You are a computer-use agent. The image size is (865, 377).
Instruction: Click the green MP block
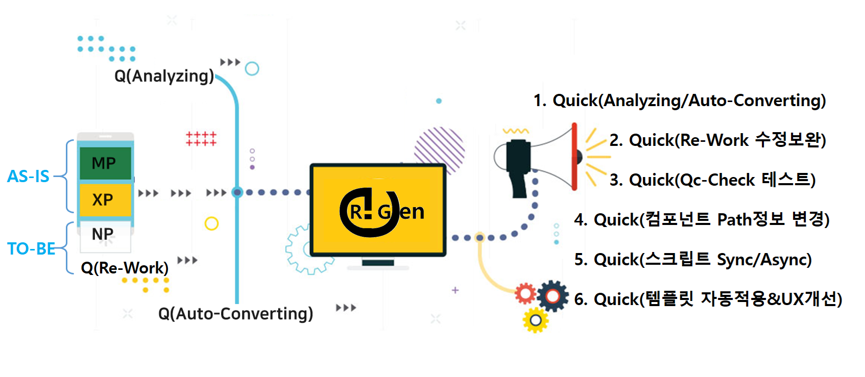click(105, 163)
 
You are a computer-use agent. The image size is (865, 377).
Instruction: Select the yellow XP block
click(105, 199)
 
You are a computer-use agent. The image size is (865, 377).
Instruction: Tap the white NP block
click(105, 236)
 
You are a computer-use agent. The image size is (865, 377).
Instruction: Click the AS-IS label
click(29, 177)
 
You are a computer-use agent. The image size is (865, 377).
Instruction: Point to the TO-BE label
click(31, 249)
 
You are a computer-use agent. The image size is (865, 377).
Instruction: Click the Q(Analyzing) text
click(164, 76)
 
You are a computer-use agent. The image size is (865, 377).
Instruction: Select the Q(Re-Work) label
click(125, 268)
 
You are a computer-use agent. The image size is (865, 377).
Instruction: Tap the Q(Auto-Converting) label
click(235, 314)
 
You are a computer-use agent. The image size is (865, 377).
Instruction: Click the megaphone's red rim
click(574, 157)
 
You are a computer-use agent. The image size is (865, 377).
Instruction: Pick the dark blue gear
click(552, 296)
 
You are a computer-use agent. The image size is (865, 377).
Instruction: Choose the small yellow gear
click(536, 320)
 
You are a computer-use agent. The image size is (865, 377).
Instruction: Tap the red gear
click(525, 294)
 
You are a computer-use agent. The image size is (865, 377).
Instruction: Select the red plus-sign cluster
click(201, 139)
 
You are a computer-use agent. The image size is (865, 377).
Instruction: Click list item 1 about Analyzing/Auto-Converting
click(680, 100)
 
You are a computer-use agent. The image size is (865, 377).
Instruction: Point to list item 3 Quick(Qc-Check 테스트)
click(713, 180)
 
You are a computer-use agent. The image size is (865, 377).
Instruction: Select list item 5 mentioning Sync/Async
click(693, 259)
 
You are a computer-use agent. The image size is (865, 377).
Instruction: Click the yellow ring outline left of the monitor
click(211, 223)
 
